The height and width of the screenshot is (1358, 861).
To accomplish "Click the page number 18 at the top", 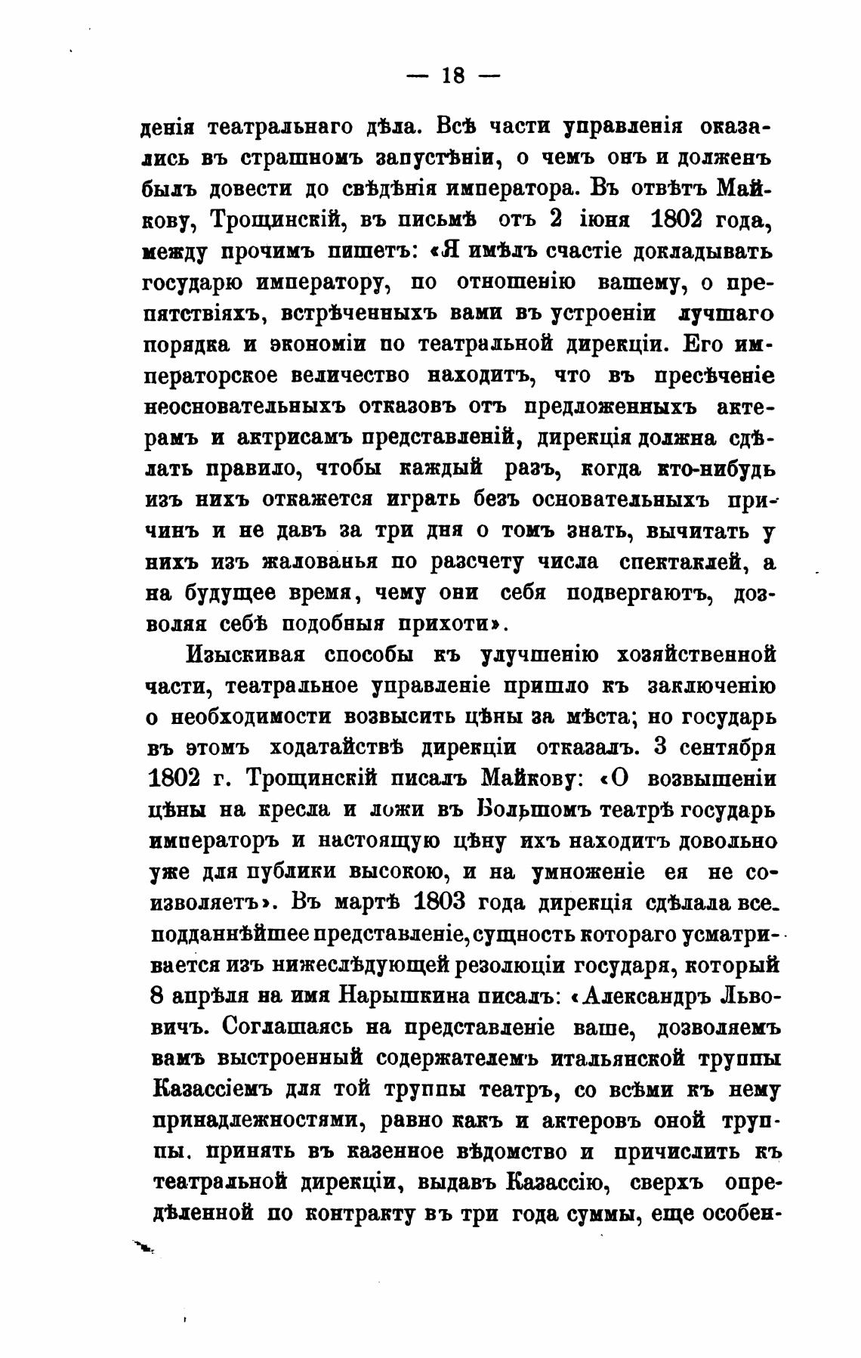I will click(453, 76).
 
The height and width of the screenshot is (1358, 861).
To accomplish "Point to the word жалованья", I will click(314, 562).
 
